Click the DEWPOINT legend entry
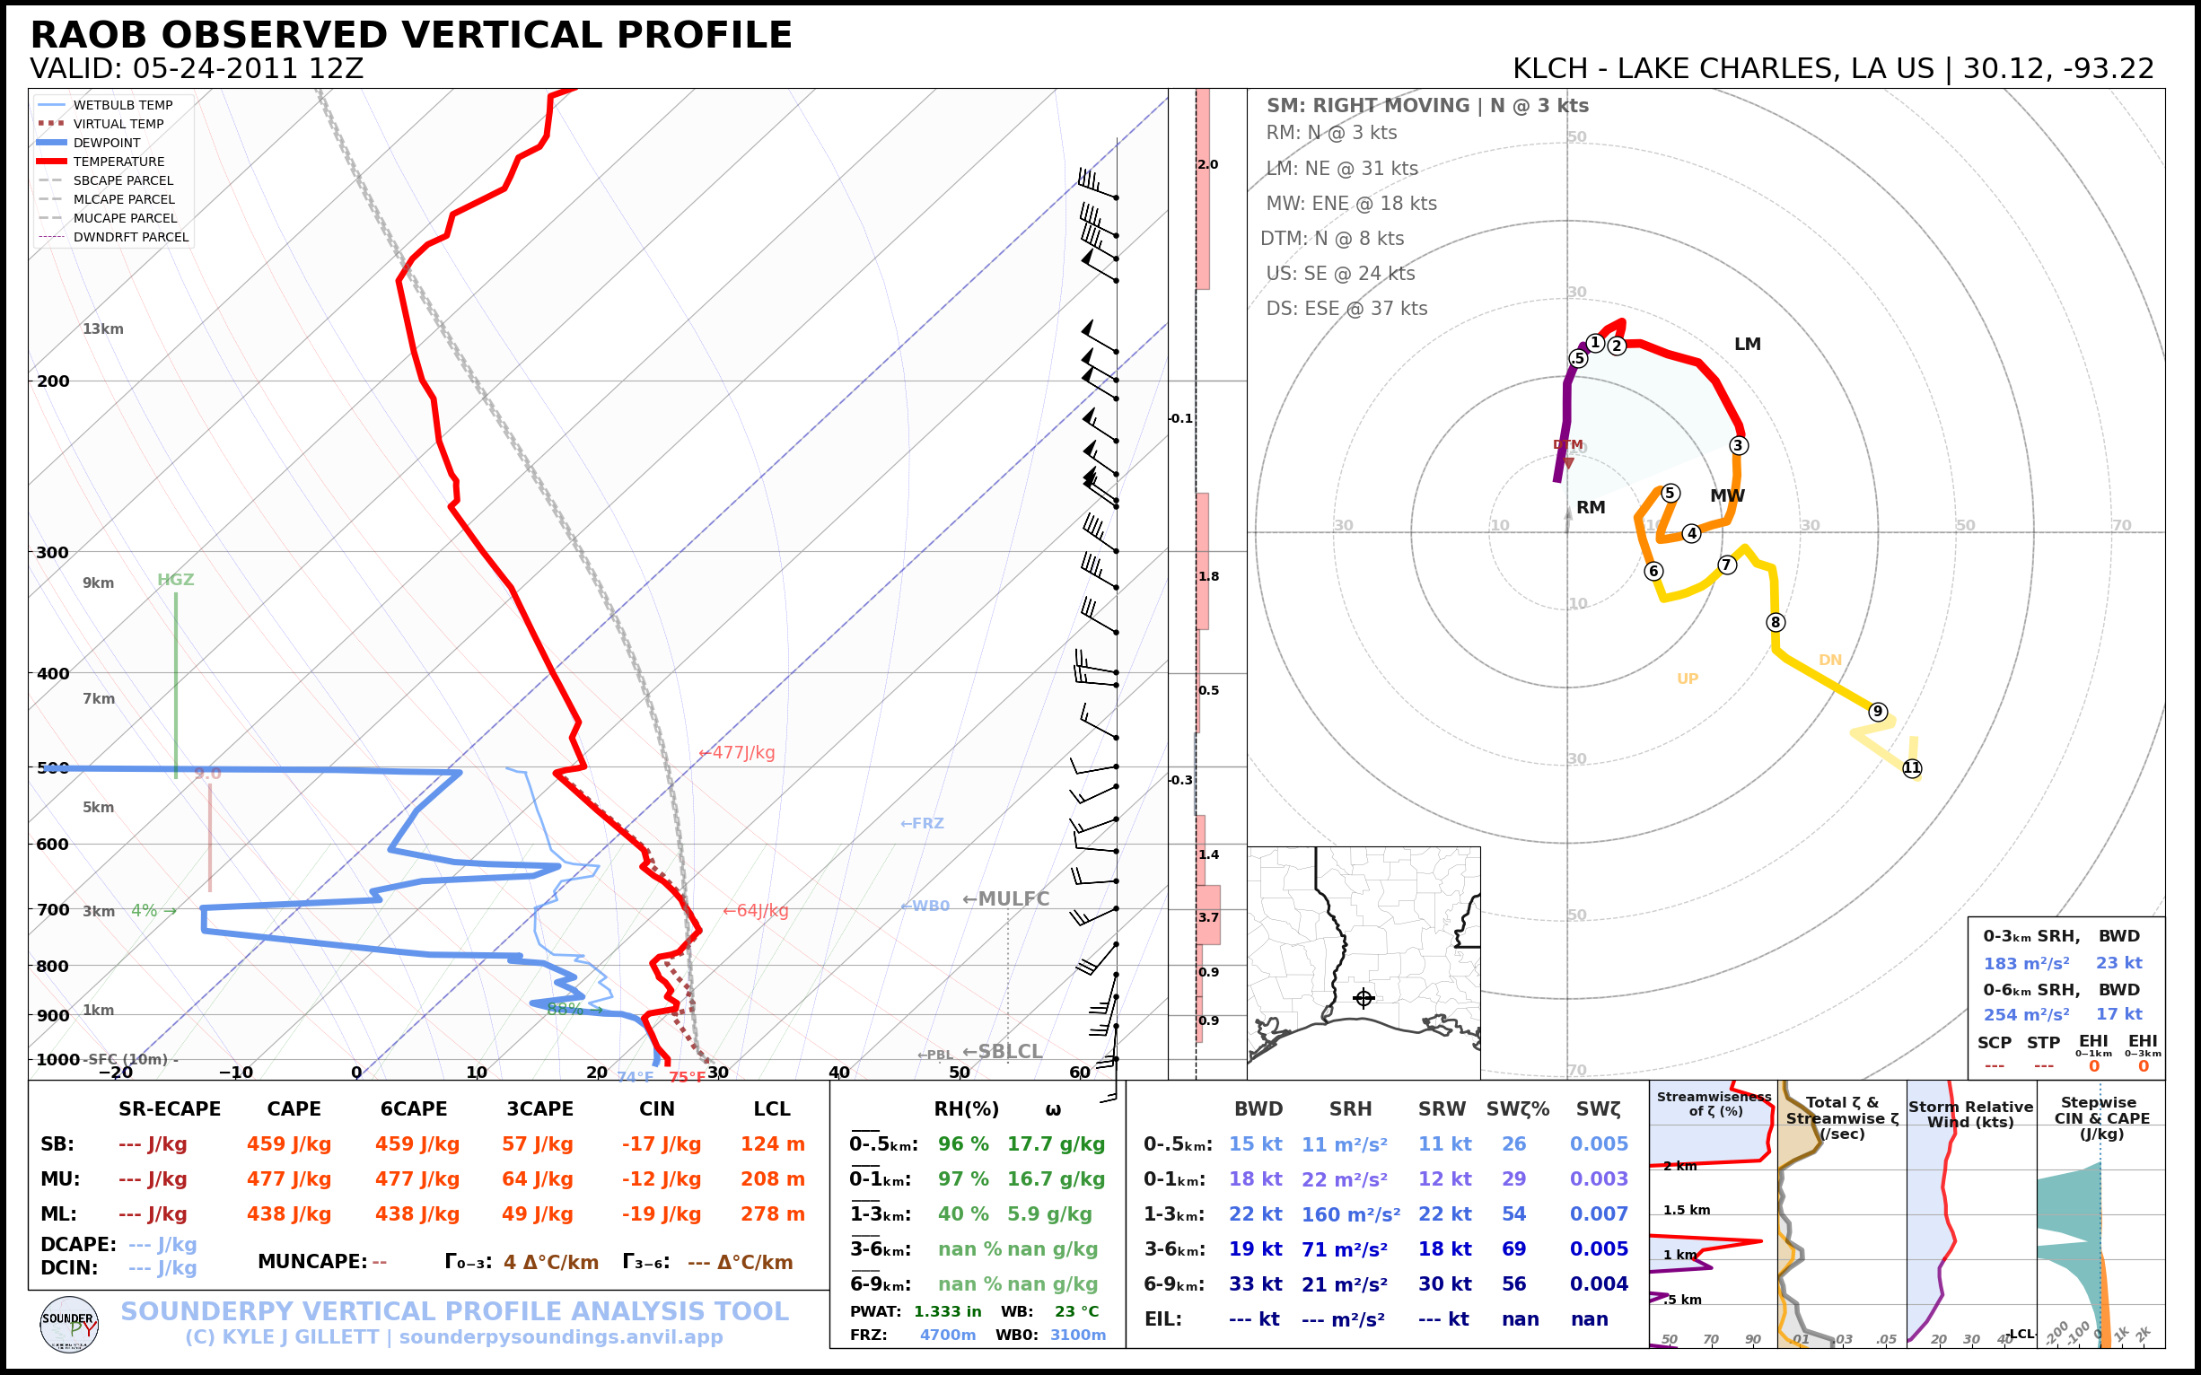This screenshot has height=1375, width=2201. click(x=107, y=143)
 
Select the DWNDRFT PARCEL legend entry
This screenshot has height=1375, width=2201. click(x=131, y=237)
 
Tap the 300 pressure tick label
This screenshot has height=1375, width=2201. click(x=53, y=552)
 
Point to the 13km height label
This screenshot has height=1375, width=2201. click(x=102, y=329)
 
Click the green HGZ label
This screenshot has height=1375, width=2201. click(x=176, y=580)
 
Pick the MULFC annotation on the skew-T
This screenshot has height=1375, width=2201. click(x=1006, y=898)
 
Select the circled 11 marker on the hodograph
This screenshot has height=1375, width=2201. click(x=1912, y=768)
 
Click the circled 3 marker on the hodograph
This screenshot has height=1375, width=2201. click(x=1738, y=445)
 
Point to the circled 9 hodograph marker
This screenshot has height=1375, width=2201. click(x=1878, y=711)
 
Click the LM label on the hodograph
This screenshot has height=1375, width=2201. click(x=1747, y=345)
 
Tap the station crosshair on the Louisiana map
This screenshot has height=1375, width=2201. click(x=1364, y=999)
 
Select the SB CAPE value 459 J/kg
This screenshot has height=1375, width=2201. click(x=288, y=1144)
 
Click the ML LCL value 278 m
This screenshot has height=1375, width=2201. click(x=772, y=1214)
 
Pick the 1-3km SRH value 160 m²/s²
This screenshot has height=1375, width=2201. click(x=1350, y=1214)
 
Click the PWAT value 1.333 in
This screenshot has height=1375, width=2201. click(x=947, y=1311)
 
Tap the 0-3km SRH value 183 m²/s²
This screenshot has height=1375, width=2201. click(x=2025, y=963)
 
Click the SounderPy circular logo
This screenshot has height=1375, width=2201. click(x=69, y=1324)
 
